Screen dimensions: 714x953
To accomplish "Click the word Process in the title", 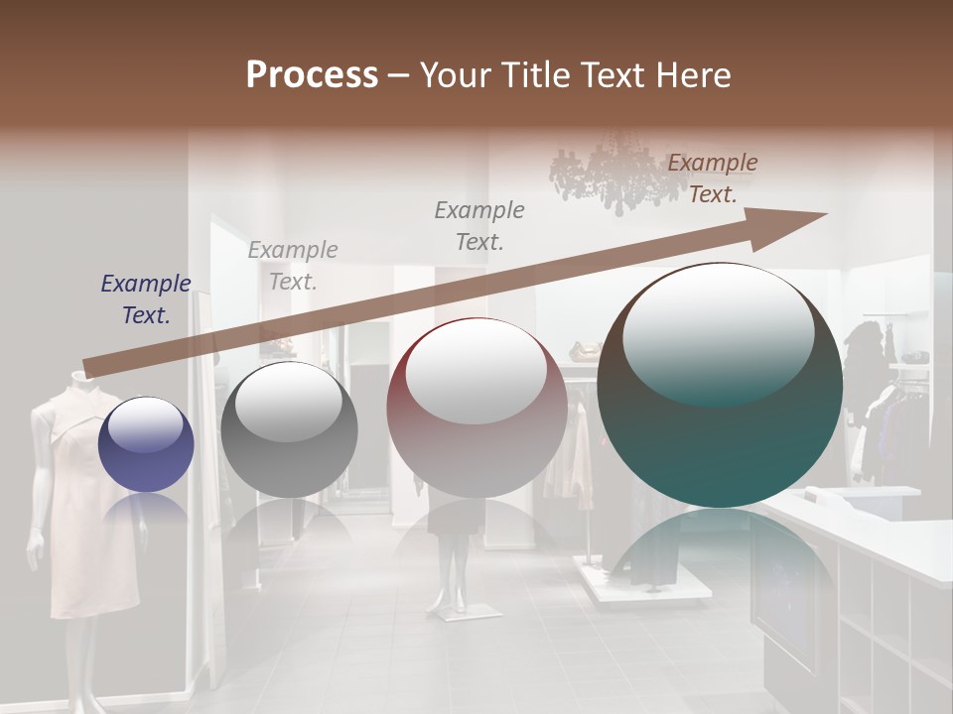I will pos(312,74).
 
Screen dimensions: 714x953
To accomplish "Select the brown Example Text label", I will pos(713,178).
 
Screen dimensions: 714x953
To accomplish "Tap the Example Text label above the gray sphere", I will pos(293,266).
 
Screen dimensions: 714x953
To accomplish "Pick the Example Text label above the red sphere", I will pos(479,225).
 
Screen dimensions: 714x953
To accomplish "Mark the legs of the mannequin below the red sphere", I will pos(455,575).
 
